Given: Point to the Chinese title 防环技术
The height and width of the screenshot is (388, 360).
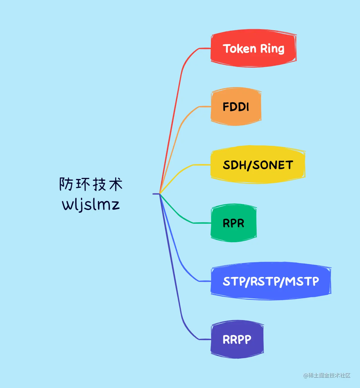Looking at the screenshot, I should tap(91, 184).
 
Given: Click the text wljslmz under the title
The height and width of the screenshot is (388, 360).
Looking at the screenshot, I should tap(91, 204).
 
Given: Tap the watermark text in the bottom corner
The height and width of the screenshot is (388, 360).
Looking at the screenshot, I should tap(327, 375).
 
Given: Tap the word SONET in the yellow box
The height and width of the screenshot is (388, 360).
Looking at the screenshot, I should tap(273, 165).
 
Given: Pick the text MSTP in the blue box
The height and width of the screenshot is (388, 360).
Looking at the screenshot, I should tap(302, 281).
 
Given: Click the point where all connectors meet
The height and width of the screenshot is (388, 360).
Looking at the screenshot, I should tap(160, 194).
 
